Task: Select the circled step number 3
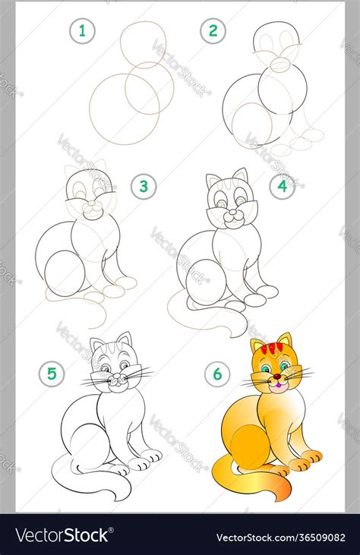(142, 187)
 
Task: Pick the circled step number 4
(281, 187)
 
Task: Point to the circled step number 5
(52, 373)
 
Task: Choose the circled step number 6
(218, 373)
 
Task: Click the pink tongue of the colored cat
(278, 386)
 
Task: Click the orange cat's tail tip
(279, 496)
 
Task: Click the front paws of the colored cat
(304, 460)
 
